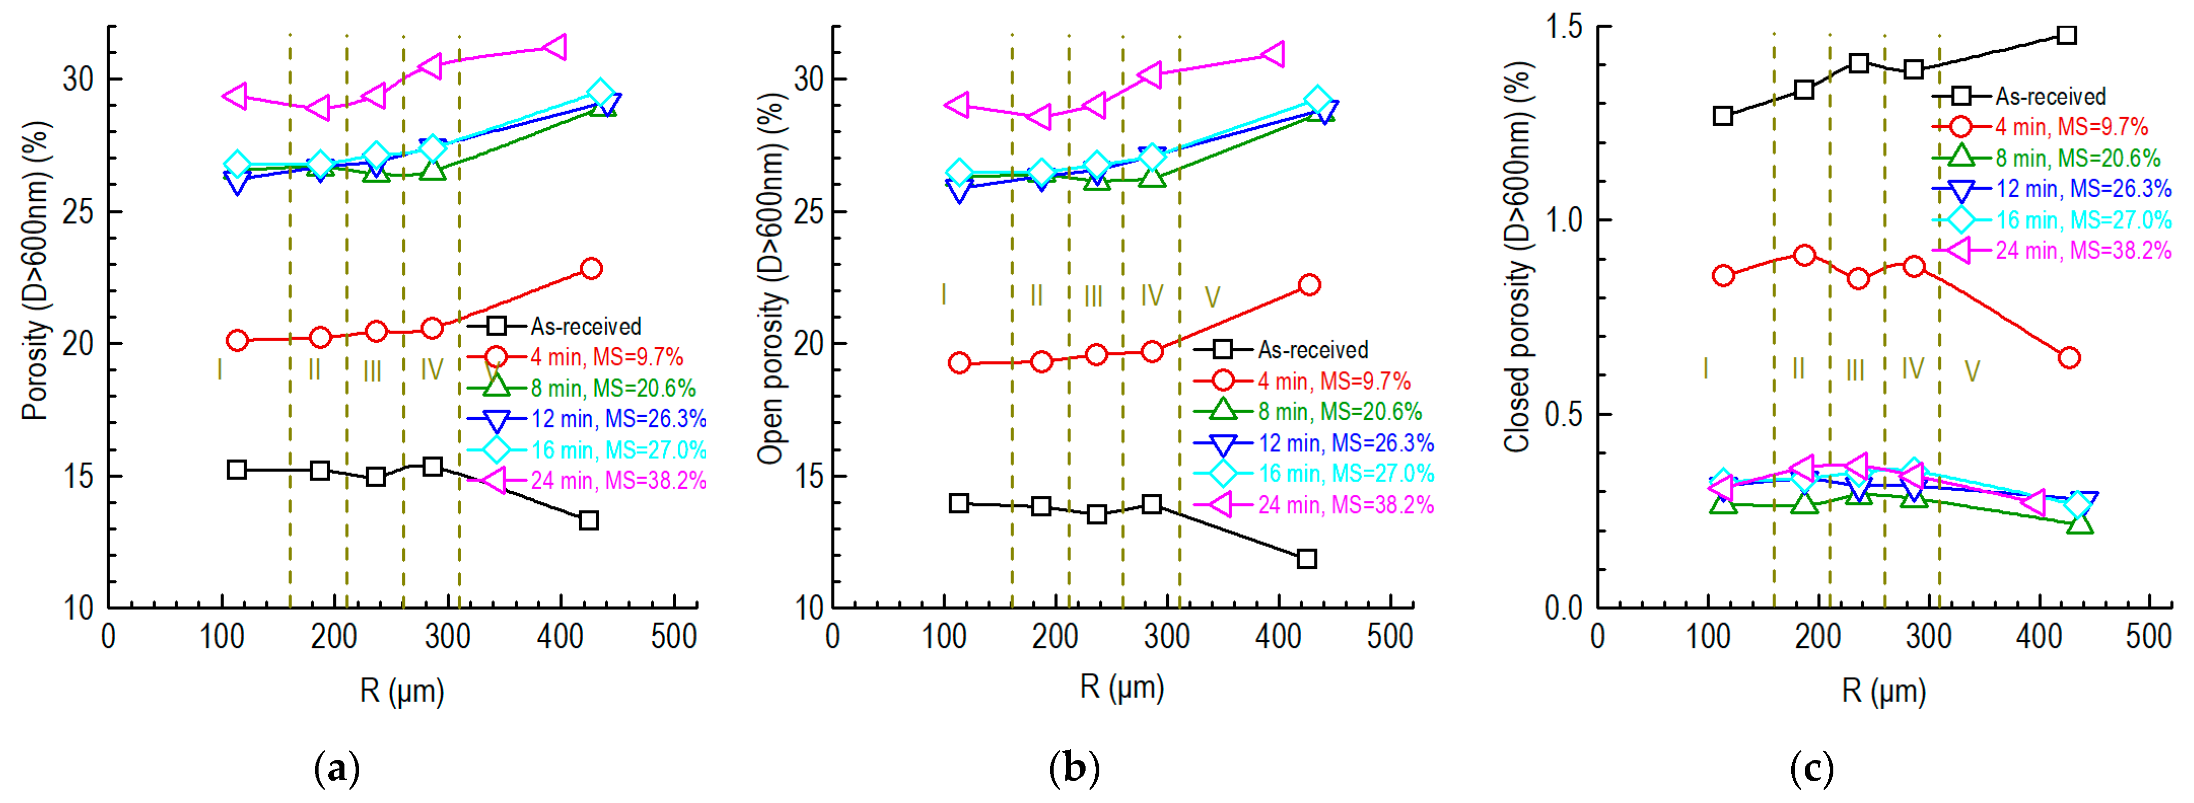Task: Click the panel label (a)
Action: click(337, 770)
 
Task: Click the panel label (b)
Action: click(1074, 770)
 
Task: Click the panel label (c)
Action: click(1812, 770)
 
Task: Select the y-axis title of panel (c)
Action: click(1518, 255)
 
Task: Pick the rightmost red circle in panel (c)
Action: click(2069, 357)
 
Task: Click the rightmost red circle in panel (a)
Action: click(590, 268)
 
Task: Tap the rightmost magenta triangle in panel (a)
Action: click(554, 47)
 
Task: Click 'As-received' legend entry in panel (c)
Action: click(2049, 96)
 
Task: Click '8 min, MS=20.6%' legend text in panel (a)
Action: click(613, 388)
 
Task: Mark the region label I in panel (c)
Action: click(1705, 369)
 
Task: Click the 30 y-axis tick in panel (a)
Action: click(78, 79)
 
